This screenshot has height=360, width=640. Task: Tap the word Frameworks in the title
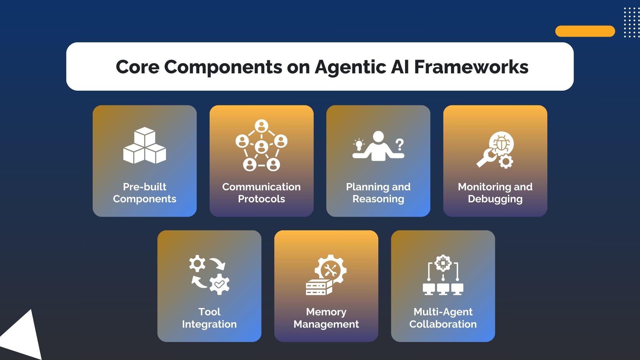471,67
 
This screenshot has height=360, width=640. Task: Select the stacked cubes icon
145,145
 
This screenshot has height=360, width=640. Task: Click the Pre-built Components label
145,193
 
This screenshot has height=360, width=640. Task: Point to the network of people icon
261,145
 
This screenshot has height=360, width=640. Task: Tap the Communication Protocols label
261,193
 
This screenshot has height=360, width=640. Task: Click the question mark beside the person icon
399,145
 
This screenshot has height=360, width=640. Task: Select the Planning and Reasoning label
378,193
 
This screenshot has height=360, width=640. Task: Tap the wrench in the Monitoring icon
485,158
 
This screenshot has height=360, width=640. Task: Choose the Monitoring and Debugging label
495,193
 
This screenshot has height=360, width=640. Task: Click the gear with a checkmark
219,284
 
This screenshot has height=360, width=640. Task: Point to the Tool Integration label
209,318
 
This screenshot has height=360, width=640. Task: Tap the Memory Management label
326,318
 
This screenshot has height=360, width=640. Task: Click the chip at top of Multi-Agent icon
443,263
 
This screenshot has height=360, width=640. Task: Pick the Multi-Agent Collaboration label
443,318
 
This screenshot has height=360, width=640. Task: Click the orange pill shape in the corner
585,31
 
